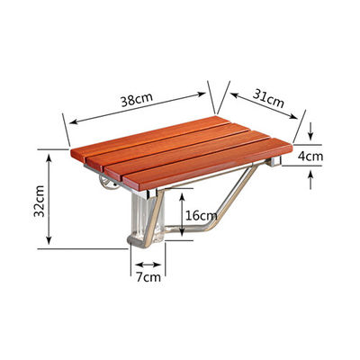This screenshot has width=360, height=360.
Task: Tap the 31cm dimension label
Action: [268, 97]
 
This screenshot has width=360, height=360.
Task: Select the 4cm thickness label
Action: [310, 156]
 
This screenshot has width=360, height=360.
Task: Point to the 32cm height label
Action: [40, 201]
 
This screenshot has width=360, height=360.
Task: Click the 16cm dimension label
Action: [201, 215]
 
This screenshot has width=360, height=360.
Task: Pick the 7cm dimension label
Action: [148, 276]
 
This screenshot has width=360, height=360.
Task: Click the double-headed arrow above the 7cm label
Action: [148, 265]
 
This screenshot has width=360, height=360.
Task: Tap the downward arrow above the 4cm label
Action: [310, 131]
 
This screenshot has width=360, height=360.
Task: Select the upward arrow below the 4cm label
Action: [310, 179]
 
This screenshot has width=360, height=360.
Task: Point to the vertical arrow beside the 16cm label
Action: [182, 214]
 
